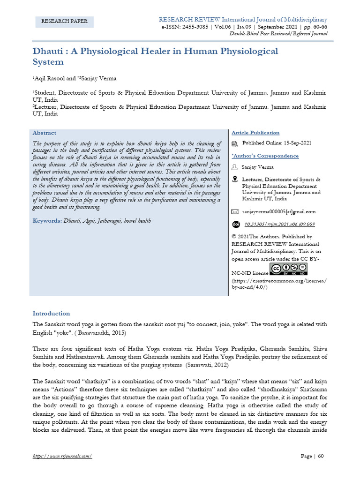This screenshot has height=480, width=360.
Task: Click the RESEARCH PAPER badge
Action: click(x=65, y=22)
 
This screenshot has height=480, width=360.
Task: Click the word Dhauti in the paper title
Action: click(x=48, y=51)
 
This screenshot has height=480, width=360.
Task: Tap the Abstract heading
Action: click(x=45, y=133)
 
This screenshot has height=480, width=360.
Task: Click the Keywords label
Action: click(x=47, y=220)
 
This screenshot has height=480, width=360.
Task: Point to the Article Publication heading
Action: click(x=255, y=133)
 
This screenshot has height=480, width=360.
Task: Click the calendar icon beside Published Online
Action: click(x=235, y=143)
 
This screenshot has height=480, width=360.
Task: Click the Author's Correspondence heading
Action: click(x=265, y=156)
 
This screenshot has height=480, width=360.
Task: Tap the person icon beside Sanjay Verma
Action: click(x=235, y=167)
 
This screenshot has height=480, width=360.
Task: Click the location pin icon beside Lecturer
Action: click(x=235, y=180)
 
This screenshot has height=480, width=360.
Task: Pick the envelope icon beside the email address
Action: click(x=235, y=211)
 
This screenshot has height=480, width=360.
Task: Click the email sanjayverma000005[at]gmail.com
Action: click(x=278, y=211)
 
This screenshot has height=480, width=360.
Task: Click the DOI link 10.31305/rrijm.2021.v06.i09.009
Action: click(x=280, y=224)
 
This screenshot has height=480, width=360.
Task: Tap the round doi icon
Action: click(x=236, y=224)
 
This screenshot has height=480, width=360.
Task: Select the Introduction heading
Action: click(x=51, y=313)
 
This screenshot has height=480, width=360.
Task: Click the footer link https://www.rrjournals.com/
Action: click(x=62, y=456)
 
